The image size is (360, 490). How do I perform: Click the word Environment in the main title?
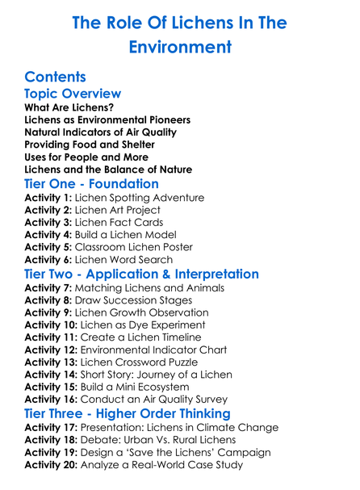point(180,48)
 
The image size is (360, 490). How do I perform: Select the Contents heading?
point(56,77)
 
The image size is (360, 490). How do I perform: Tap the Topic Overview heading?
point(73,94)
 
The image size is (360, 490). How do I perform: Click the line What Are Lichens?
point(69,107)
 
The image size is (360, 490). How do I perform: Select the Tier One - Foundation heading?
point(92,183)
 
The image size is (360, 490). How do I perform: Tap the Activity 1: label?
point(48,198)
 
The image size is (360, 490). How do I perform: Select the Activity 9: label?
point(48,312)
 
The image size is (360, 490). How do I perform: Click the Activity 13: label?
point(52,362)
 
